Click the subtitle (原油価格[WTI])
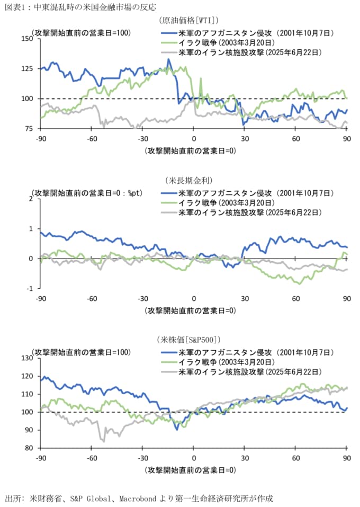click(x=189, y=21)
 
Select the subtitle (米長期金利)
click(x=189, y=180)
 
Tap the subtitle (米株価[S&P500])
click(x=189, y=340)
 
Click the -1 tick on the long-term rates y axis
click(x=30, y=288)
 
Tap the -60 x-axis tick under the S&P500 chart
click(x=91, y=458)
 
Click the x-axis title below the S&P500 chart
click(x=190, y=469)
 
